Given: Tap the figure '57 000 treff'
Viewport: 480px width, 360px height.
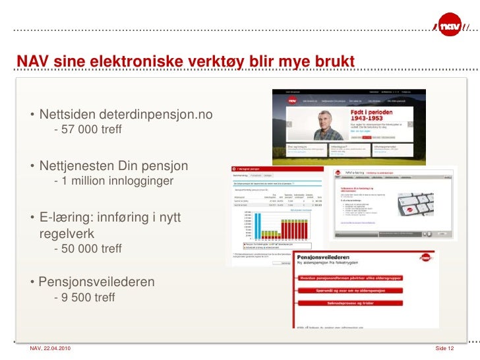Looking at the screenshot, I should pyautogui.click(x=87, y=129).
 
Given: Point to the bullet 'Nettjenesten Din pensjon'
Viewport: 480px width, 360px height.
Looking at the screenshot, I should pyautogui.click(x=113, y=165).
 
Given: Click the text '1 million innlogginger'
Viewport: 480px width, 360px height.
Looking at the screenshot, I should pyautogui.click(x=117, y=181).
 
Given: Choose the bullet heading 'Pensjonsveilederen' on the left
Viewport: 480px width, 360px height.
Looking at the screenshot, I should pyautogui.click(x=96, y=282).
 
